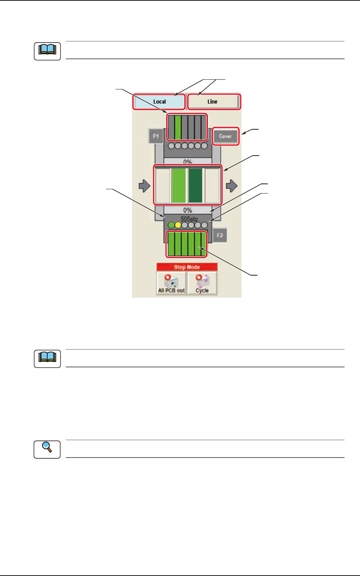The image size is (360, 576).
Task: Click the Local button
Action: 159,102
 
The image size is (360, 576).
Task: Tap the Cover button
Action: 225,136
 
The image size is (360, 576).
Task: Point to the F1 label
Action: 156,136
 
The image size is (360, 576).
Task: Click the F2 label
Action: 220,235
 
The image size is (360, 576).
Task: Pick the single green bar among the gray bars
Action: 178,127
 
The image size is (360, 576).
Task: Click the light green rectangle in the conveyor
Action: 178,185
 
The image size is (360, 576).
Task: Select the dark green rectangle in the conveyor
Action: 195,185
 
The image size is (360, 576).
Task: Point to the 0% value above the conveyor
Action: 188,161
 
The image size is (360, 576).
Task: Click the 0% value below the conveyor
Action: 188,210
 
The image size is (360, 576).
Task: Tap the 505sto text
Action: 189,219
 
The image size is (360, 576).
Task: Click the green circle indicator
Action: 171,225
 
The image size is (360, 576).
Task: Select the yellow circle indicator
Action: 178,225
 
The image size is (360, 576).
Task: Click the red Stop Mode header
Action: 187,267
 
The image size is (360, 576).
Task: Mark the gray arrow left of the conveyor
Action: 144,186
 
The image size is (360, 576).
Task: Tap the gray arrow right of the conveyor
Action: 231,186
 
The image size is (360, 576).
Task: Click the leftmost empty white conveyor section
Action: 163,185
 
